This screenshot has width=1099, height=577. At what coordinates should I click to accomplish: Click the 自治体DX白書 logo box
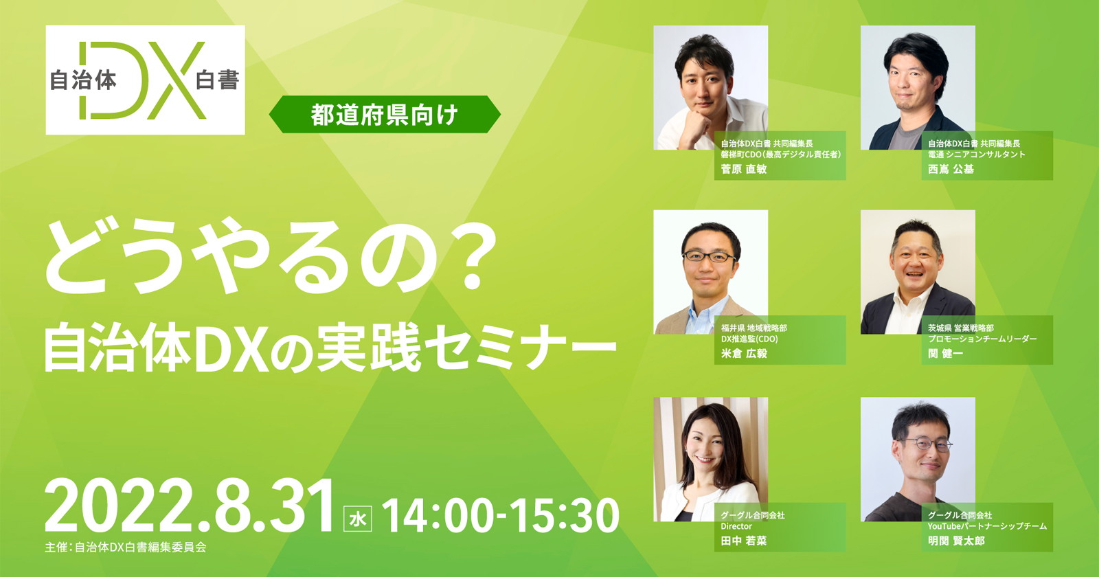coord(145,80)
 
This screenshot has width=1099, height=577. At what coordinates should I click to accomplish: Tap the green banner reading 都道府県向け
coord(385,114)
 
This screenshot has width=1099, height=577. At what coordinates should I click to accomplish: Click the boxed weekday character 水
coord(358,519)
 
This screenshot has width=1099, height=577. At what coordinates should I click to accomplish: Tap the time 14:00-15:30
coord(501,515)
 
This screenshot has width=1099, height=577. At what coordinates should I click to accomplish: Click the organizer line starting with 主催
coord(126,547)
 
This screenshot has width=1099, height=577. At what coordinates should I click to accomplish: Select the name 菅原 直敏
coord(744,169)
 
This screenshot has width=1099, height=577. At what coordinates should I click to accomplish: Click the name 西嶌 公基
coord(951,169)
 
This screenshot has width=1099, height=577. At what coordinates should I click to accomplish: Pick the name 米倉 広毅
coord(744,354)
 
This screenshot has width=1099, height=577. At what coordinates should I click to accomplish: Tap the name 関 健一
coord(945,354)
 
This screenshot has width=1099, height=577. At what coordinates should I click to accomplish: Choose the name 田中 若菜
coord(744,541)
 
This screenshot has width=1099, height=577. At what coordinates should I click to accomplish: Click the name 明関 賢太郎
coord(956,541)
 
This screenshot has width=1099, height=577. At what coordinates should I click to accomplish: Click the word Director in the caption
coord(736,526)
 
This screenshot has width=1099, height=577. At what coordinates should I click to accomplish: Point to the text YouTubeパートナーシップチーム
coord(987,526)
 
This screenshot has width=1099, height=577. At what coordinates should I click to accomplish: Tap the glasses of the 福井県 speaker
coord(709,257)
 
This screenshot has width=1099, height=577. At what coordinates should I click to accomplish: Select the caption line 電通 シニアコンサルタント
coord(976,155)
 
